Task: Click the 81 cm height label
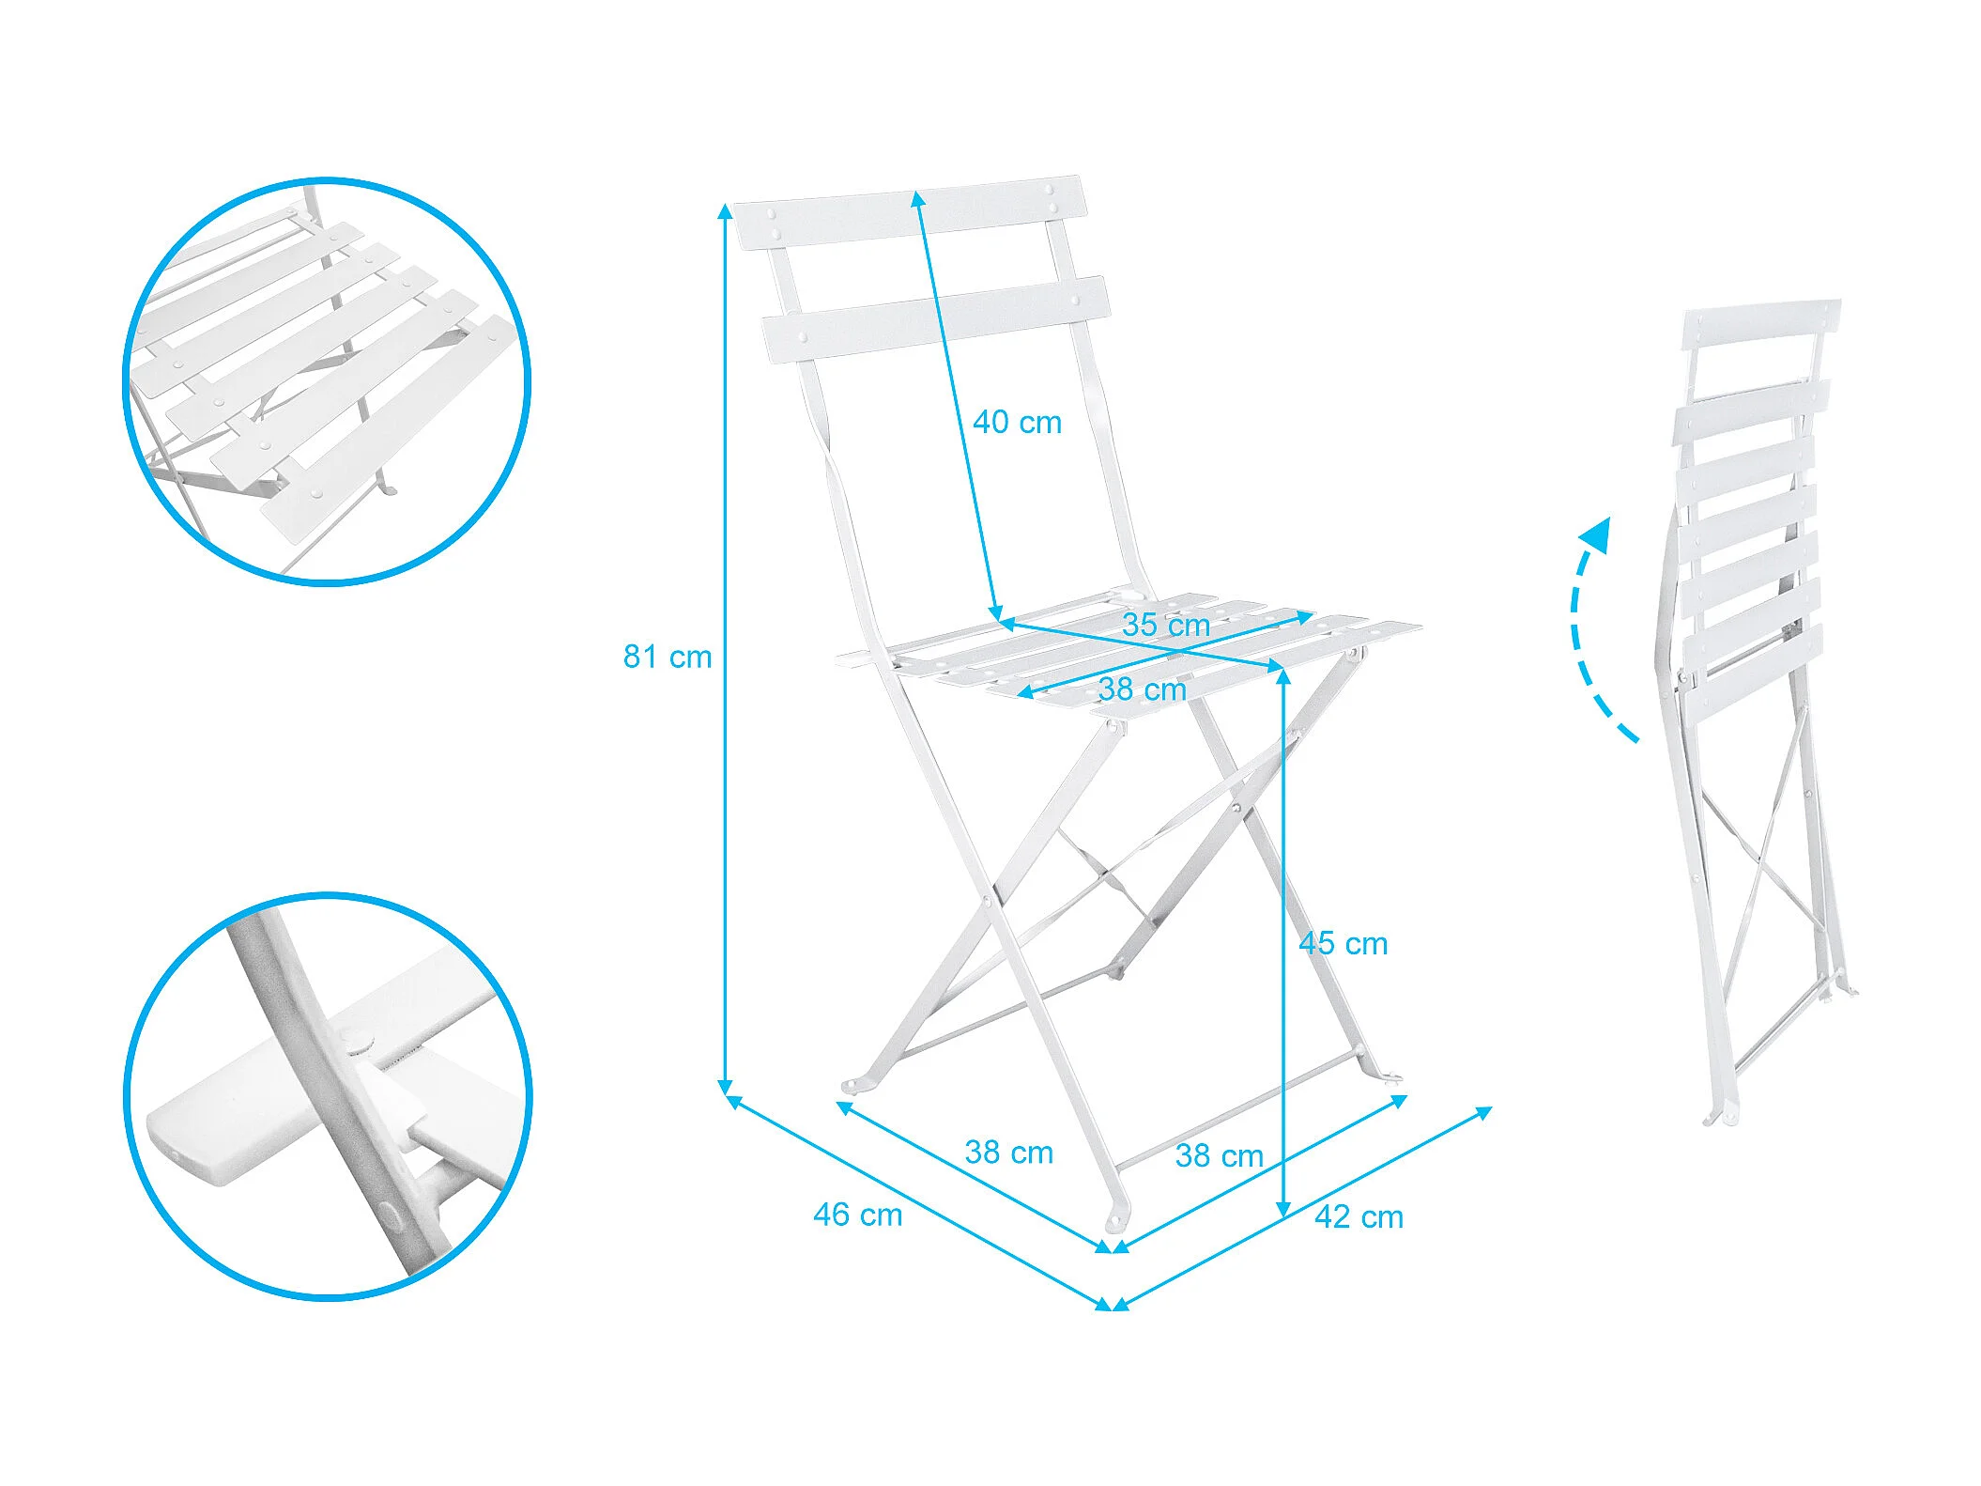[668, 657]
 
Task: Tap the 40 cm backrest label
[1017, 423]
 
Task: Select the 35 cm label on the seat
[1166, 625]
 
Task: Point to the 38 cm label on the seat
[1143, 689]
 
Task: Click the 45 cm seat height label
[1344, 943]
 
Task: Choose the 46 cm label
[858, 1215]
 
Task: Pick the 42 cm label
[1359, 1216]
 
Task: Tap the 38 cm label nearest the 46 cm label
[1009, 1152]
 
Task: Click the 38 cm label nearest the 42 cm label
[1220, 1155]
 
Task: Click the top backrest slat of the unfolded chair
[909, 211]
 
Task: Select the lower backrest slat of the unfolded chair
[936, 319]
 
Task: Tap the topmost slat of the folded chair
[1761, 324]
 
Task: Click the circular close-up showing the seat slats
[328, 381]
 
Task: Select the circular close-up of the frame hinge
[328, 1096]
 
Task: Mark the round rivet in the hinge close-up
[357, 1040]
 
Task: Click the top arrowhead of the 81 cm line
[725, 210]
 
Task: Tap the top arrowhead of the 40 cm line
[918, 198]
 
